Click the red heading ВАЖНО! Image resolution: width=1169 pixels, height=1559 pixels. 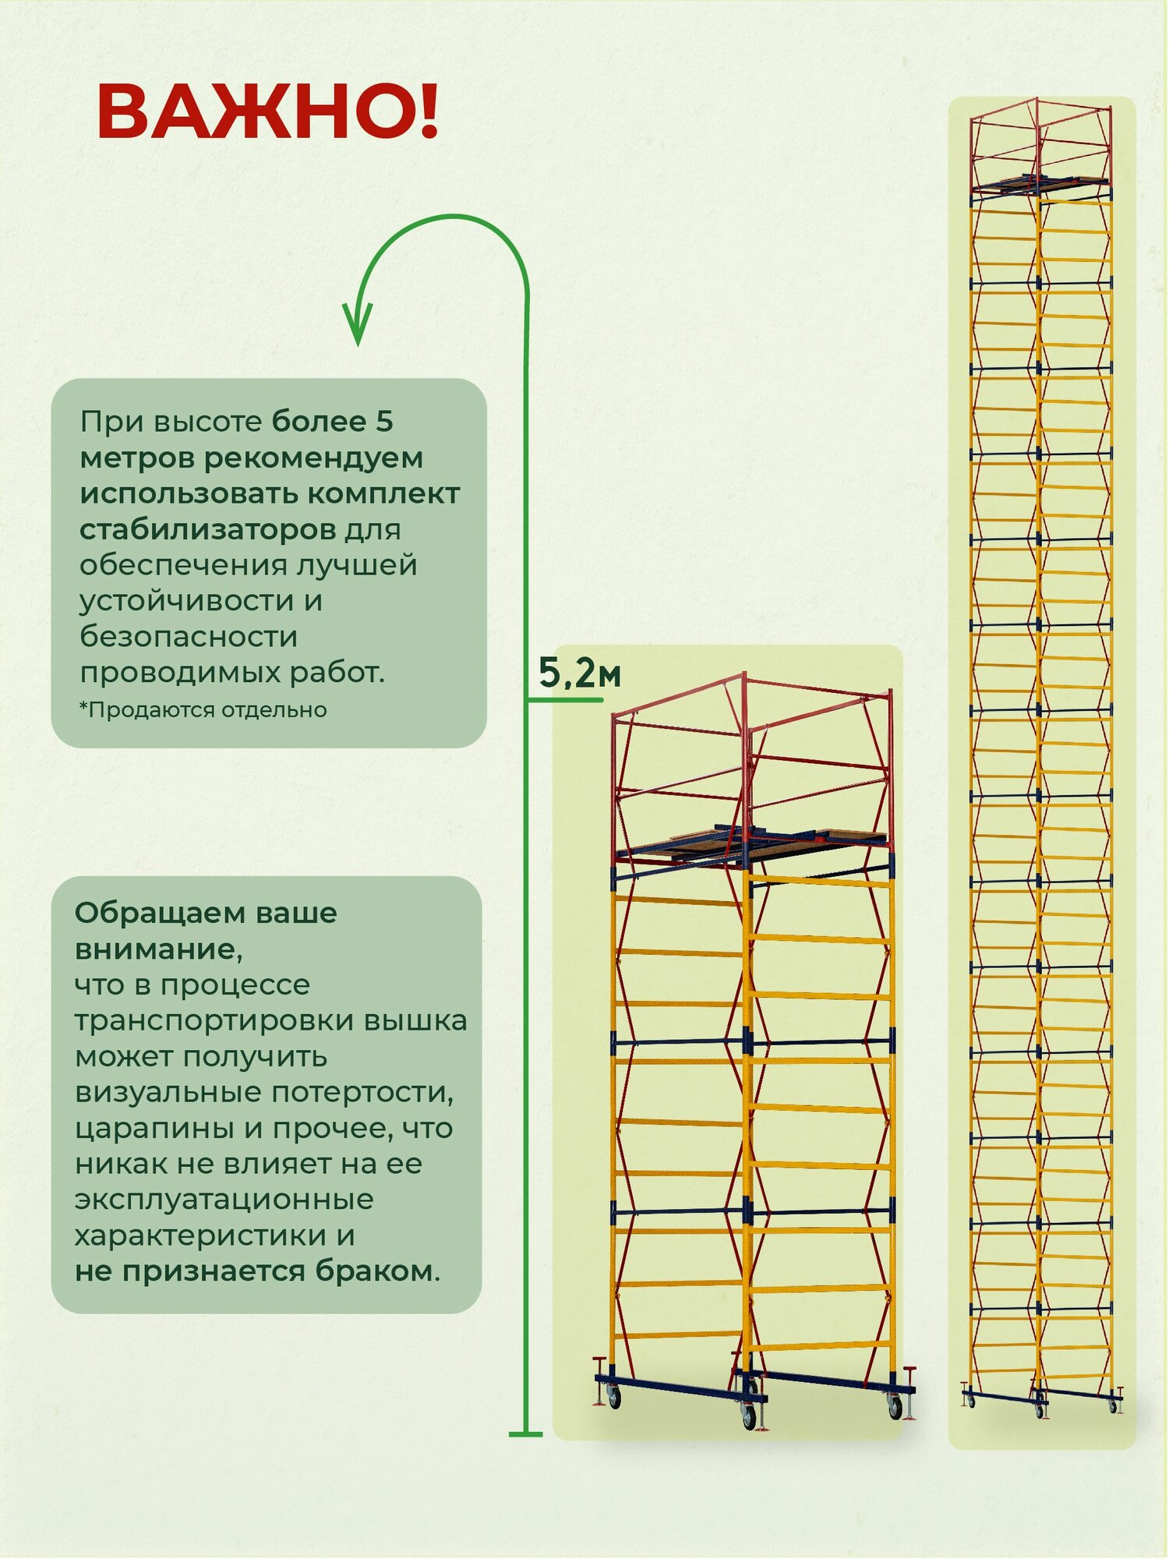click(268, 112)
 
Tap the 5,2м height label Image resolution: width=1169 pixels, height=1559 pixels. click(579, 673)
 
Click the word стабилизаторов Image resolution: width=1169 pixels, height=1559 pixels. click(208, 530)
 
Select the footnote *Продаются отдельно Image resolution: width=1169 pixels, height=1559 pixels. click(203, 710)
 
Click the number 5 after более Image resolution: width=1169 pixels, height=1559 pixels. click(384, 422)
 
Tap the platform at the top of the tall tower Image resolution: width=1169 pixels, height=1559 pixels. click(1040, 184)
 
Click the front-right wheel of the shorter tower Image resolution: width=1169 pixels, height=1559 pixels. click(895, 1405)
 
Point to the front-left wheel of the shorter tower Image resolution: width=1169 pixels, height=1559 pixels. click(749, 1416)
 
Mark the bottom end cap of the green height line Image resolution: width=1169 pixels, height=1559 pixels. click(525, 1434)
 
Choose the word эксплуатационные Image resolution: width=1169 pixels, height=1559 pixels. click(224, 1200)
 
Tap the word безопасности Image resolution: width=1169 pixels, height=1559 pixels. click(189, 637)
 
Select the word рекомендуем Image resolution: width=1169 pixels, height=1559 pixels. click(313, 458)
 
